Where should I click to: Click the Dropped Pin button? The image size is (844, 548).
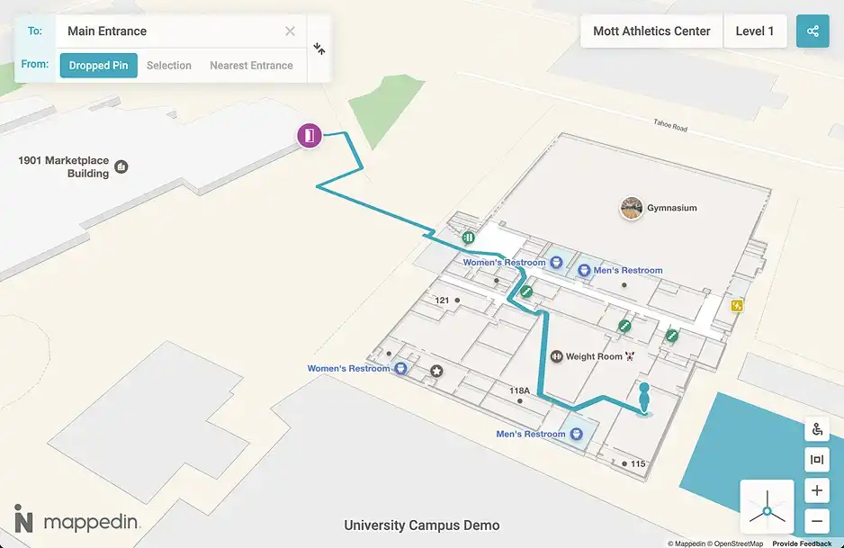(x=99, y=66)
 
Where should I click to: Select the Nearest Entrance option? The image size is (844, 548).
(x=251, y=66)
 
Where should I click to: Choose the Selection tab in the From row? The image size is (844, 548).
(x=169, y=66)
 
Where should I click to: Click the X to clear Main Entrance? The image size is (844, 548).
(x=290, y=31)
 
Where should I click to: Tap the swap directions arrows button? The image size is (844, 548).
(x=319, y=49)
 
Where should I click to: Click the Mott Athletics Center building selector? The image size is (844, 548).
(x=651, y=31)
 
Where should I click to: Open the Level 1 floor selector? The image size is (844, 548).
(x=755, y=31)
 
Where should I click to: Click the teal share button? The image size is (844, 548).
(x=813, y=31)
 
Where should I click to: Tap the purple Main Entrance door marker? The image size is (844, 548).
(x=310, y=136)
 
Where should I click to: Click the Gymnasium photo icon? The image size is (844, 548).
(x=632, y=208)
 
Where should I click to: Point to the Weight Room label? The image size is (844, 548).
(x=594, y=356)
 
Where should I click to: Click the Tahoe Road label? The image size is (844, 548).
(x=669, y=127)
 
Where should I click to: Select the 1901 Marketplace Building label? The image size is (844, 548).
(x=64, y=166)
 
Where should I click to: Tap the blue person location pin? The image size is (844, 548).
(x=644, y=400)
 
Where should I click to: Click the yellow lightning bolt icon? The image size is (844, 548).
(x=738, y=306)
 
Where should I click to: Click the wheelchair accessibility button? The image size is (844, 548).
(x=817, y=430)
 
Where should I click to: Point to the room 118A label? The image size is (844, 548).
(x=519, y=391)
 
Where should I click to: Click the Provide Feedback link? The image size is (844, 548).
(x=802, y=544)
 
